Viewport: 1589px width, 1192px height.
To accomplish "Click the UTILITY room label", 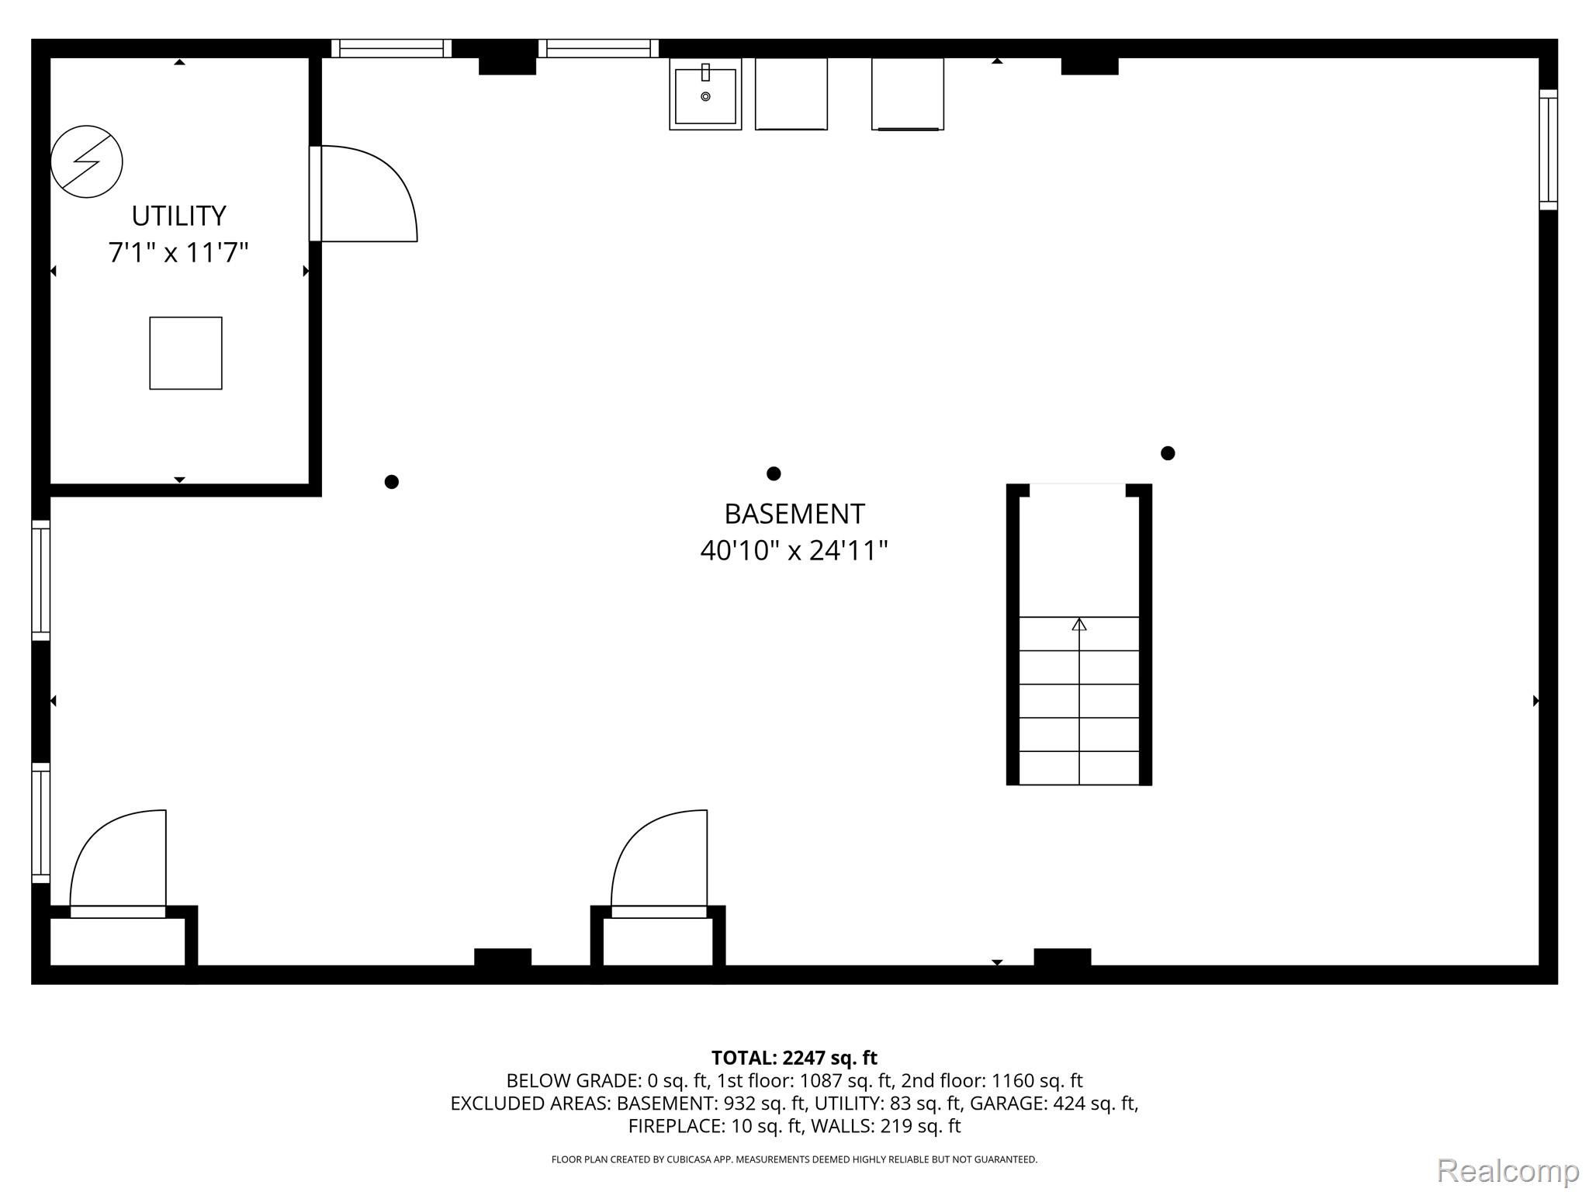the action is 178,216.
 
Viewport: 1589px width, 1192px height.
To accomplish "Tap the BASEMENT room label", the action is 794,514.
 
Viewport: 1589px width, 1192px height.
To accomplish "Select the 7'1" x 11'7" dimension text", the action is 178,253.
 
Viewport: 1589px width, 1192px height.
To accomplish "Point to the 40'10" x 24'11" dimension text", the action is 794,551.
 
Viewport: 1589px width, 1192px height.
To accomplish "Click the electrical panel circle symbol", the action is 86,161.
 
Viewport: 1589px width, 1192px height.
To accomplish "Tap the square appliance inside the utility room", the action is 185,353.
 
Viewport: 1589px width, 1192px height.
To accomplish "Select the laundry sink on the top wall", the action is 705,94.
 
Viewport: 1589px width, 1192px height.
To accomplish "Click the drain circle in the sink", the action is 705,96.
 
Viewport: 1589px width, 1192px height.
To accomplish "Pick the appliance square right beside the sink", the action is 791,94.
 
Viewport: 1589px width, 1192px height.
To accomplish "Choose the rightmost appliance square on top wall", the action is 908,94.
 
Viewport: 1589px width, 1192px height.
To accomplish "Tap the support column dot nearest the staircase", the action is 1168,453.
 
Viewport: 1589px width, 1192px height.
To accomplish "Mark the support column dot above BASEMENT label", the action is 774,473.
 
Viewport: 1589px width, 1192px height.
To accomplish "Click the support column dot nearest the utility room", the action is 392,482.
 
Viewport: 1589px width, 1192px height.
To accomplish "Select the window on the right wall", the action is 1548,150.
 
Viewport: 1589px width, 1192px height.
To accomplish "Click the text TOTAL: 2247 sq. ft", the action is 794,1058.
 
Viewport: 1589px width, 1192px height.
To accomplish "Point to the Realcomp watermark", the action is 1508,1170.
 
